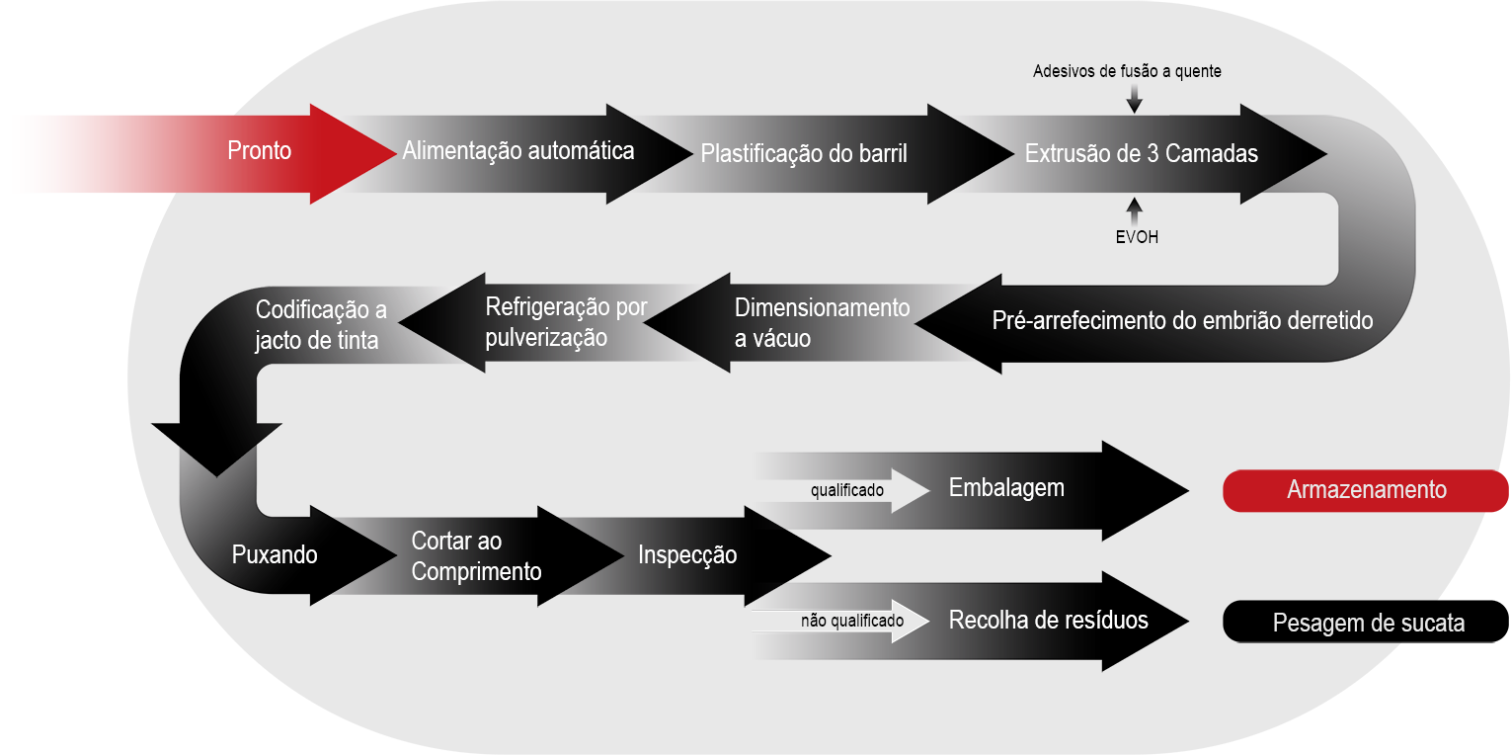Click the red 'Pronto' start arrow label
(260, 151)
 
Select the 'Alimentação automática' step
(517, 151)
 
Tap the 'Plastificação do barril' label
(803, 153)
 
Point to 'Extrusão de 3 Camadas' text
(1142, 153)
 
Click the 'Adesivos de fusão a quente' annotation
(1127, 71)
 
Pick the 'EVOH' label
(1136, 236)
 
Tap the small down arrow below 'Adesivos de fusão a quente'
(1134, 97)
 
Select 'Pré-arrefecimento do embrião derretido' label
(1182, 321)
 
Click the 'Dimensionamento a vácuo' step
(822, 322)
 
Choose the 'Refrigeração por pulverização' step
(566, 322)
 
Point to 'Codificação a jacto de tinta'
(321, 324)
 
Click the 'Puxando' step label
(275, 554)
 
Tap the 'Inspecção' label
(687, 554)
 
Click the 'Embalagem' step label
(1006, 488)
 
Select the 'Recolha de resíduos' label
(1048, 621)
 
